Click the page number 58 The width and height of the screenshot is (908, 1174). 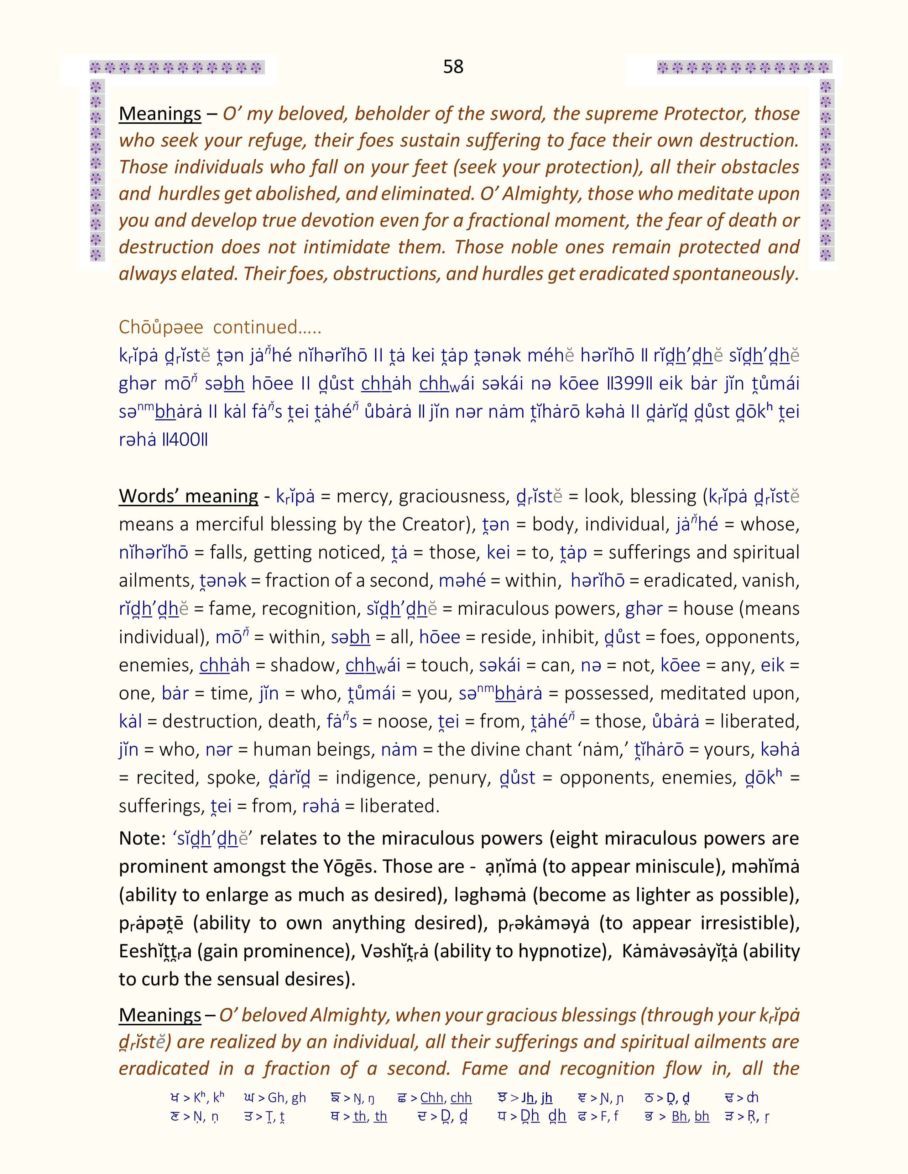(453, 67)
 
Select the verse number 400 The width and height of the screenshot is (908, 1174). (184, 440)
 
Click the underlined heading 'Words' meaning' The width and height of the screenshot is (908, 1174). (188, 496)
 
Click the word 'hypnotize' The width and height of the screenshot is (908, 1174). (560, 951)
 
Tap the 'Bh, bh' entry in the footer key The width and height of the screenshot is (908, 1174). (690, 1116)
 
